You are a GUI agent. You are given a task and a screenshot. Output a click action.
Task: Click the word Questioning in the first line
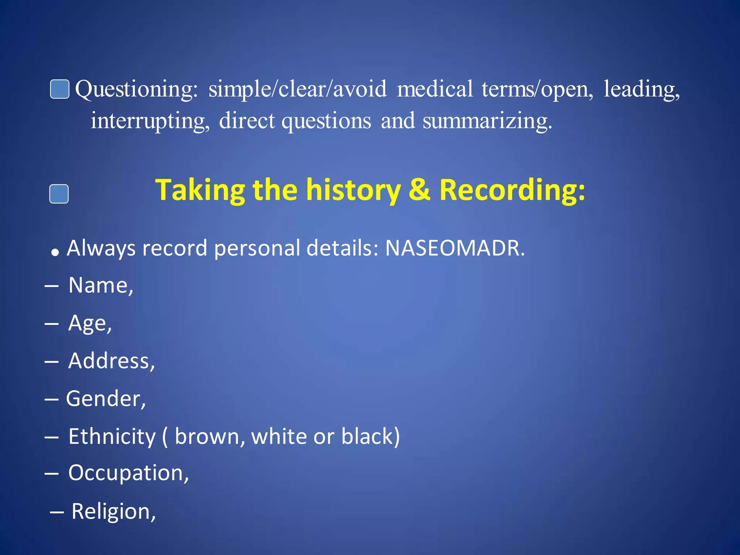[x=136, y=89]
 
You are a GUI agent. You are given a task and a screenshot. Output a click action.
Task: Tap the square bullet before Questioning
[x=60, y=89]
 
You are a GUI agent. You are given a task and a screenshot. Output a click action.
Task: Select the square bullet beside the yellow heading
[x=59, y=194]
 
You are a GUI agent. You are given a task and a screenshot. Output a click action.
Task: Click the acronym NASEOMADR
[x=455, y=248]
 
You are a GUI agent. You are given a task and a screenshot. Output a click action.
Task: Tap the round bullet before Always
[x=55, y=252]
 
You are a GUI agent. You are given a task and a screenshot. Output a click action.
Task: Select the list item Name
[x=100, y=285]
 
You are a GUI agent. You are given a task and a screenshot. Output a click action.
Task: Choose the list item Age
[x=90, y=323]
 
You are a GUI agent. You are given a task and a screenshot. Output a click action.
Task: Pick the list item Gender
[x=106, y=399]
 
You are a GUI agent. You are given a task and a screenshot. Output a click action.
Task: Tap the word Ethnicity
[x=112, y=436]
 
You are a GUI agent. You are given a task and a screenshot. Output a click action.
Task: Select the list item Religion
[x=113, y=512]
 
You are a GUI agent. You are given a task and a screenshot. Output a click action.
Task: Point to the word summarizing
[x=487, y=121]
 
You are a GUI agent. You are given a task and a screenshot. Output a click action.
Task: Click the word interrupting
[x=150, y=121]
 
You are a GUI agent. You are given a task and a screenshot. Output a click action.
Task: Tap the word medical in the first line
[x=435, y=89]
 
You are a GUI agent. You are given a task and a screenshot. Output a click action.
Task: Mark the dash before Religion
[x=57, y=512]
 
